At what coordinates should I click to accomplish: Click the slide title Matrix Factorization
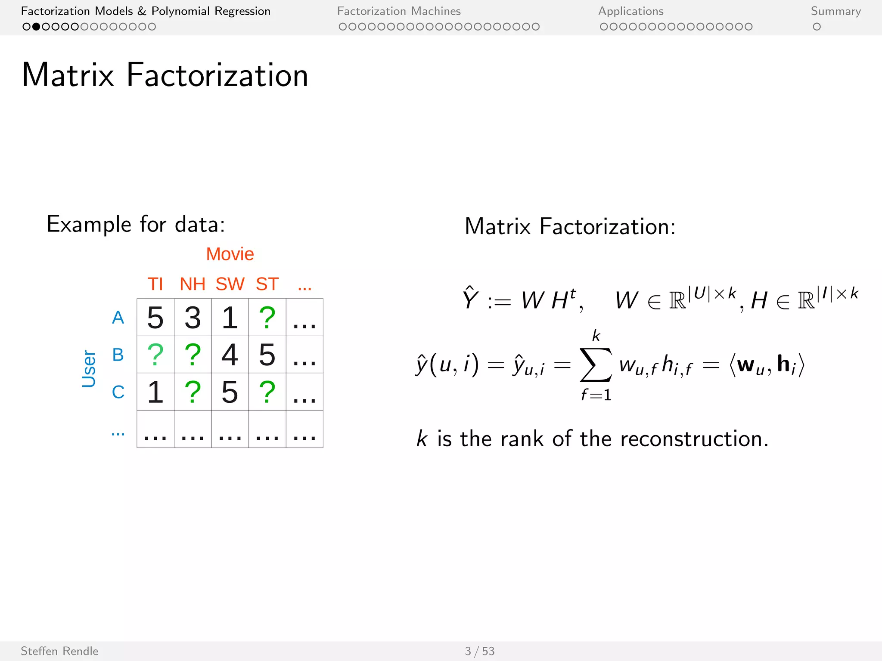[x=165, y=75]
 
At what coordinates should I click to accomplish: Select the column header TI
[x=155, y=284]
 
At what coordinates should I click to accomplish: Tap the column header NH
[x=193, y=284]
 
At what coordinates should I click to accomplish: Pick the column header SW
[x=230, y=284]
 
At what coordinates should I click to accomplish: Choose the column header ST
[x=267, y=284]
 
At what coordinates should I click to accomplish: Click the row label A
[x=118, y=318]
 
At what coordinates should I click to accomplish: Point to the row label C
[x=118, y=392]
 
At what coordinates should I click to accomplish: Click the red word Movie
[x=230, y=254]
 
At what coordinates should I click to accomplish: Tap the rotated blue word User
[x=89, y=369]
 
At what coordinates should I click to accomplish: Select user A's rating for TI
[x=155, y=318]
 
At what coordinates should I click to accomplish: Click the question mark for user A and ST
[x=267, y=318]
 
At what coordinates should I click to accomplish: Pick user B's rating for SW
[x=230, y=355]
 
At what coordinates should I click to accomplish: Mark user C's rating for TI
[x=155, y=392]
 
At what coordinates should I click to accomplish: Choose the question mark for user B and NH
[x=193, y=355]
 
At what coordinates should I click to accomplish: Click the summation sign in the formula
[x=596, y=365]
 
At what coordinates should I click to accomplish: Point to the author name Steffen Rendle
[x=59, y=651]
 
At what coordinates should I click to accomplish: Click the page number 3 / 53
[x=479, y=651]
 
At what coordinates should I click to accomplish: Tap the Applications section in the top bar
[x=631, y=11]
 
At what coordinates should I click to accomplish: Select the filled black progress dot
[x=36, y=27]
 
